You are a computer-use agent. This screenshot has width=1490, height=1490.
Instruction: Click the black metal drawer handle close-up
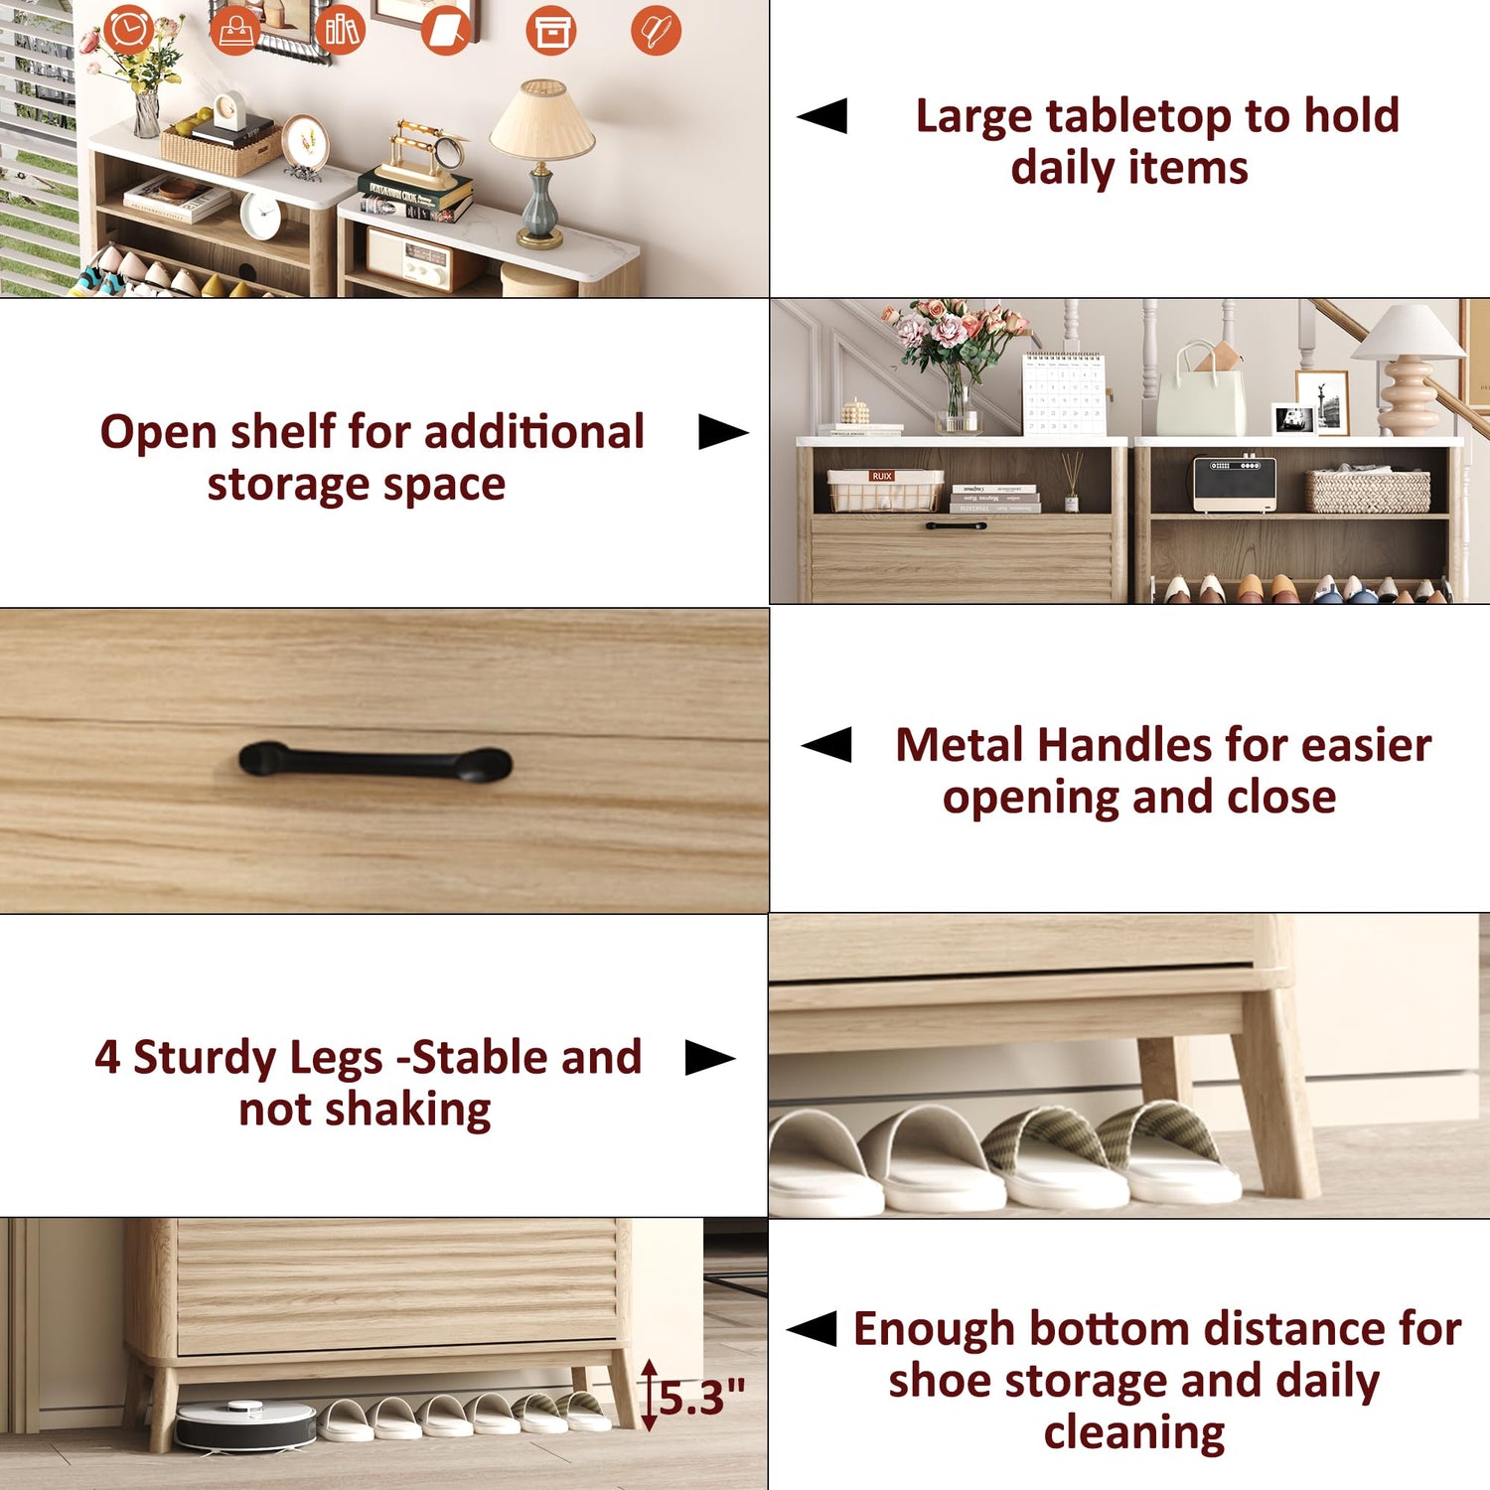tap(375, 763)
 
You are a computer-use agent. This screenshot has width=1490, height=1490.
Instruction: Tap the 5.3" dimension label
tap(702, 1398)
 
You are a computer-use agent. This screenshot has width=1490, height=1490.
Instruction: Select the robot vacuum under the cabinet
tap(245, 1424)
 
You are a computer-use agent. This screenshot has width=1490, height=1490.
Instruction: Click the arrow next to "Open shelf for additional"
tap(723, 432)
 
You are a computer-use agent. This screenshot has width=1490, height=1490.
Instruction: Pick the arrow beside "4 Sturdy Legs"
tap(710, 1058)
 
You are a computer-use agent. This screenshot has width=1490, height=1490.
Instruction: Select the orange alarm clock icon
tap(129, 29)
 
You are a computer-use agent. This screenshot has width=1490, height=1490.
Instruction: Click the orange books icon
tap(341, 30)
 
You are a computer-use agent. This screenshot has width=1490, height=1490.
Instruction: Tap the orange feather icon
tap(657, 30)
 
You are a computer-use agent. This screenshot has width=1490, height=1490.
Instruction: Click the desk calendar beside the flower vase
tap(1064, 393)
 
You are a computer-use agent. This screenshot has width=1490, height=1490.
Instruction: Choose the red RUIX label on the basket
tap(881, 477)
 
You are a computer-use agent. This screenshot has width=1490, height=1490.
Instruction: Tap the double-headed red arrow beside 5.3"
tap(650, 1396)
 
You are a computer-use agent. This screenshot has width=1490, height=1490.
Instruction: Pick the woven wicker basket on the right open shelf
tap(1368, 490)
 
